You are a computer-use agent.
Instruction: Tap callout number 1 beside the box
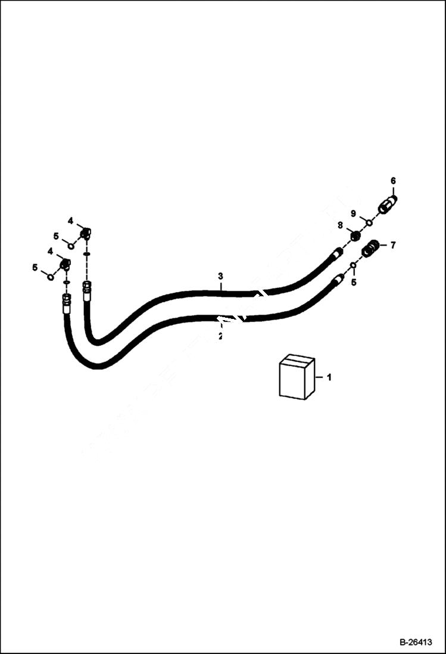pyautogui.click(x=329, y=377)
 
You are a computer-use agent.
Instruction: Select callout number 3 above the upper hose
pyautogui.click(x=220, y=276)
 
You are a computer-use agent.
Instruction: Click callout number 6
pyautogui.click(x=393, y=180)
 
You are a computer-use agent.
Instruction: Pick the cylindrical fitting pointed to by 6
pyautogui.click(x=388, y=204)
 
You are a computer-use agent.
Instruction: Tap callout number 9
pyautogui.click(x=353, y=213)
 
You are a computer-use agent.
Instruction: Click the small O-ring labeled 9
pyautogui.click(x=369, y=223)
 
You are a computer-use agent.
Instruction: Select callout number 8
pyautogui.click(x=340, y=225)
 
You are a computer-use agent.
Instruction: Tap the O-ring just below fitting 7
pyautogui.click(x=353, y=265)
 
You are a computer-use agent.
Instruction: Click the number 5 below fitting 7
pyautogui.click(x=353, y=282)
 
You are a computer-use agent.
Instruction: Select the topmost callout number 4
pyautogui.click(x=70, y=221)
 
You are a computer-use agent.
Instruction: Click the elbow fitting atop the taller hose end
pyautogui.click(x=86, y=233)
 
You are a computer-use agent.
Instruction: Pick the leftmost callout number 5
pyautogui.click(x=35, y=268)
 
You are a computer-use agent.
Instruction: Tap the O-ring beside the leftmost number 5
pyautogui.click(x=51, y=276)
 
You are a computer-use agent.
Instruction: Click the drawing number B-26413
pyautogui.click(x=416, y=643)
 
